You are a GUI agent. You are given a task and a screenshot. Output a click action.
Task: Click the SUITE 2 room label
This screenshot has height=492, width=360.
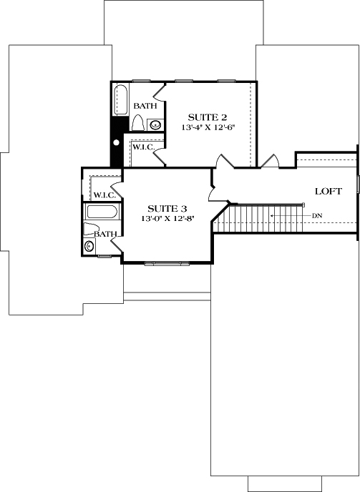pyautogui.click(x=208, y=117)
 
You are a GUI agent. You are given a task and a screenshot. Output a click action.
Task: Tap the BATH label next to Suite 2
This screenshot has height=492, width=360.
pyautogui.click(x=145, y=107)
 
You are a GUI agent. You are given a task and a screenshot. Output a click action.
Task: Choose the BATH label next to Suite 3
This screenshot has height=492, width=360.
pyautogui.click(x=106, y=234)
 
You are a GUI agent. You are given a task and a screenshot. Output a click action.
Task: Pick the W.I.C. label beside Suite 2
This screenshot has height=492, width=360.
pyautogui.click(x=143, y=147)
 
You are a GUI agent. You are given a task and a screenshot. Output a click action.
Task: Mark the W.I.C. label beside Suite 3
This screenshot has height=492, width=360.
pyautogui.click(x=104, y=195)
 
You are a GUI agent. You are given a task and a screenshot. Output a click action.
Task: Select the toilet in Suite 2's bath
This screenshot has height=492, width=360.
pyautogui.click(x=138, y=123)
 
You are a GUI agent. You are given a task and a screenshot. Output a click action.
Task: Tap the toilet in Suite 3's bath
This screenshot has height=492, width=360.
pyautogui.click(x=91, y=230)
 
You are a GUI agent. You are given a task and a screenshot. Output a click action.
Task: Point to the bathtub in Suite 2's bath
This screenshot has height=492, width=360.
pyautogui.click(x=120, y=99)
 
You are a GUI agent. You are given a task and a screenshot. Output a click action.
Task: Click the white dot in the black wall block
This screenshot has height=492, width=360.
pyautogui.click(x=116, y=142)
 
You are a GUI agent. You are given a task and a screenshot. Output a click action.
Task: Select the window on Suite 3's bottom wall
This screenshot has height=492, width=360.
pyautogui.click(x=169, y=264)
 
